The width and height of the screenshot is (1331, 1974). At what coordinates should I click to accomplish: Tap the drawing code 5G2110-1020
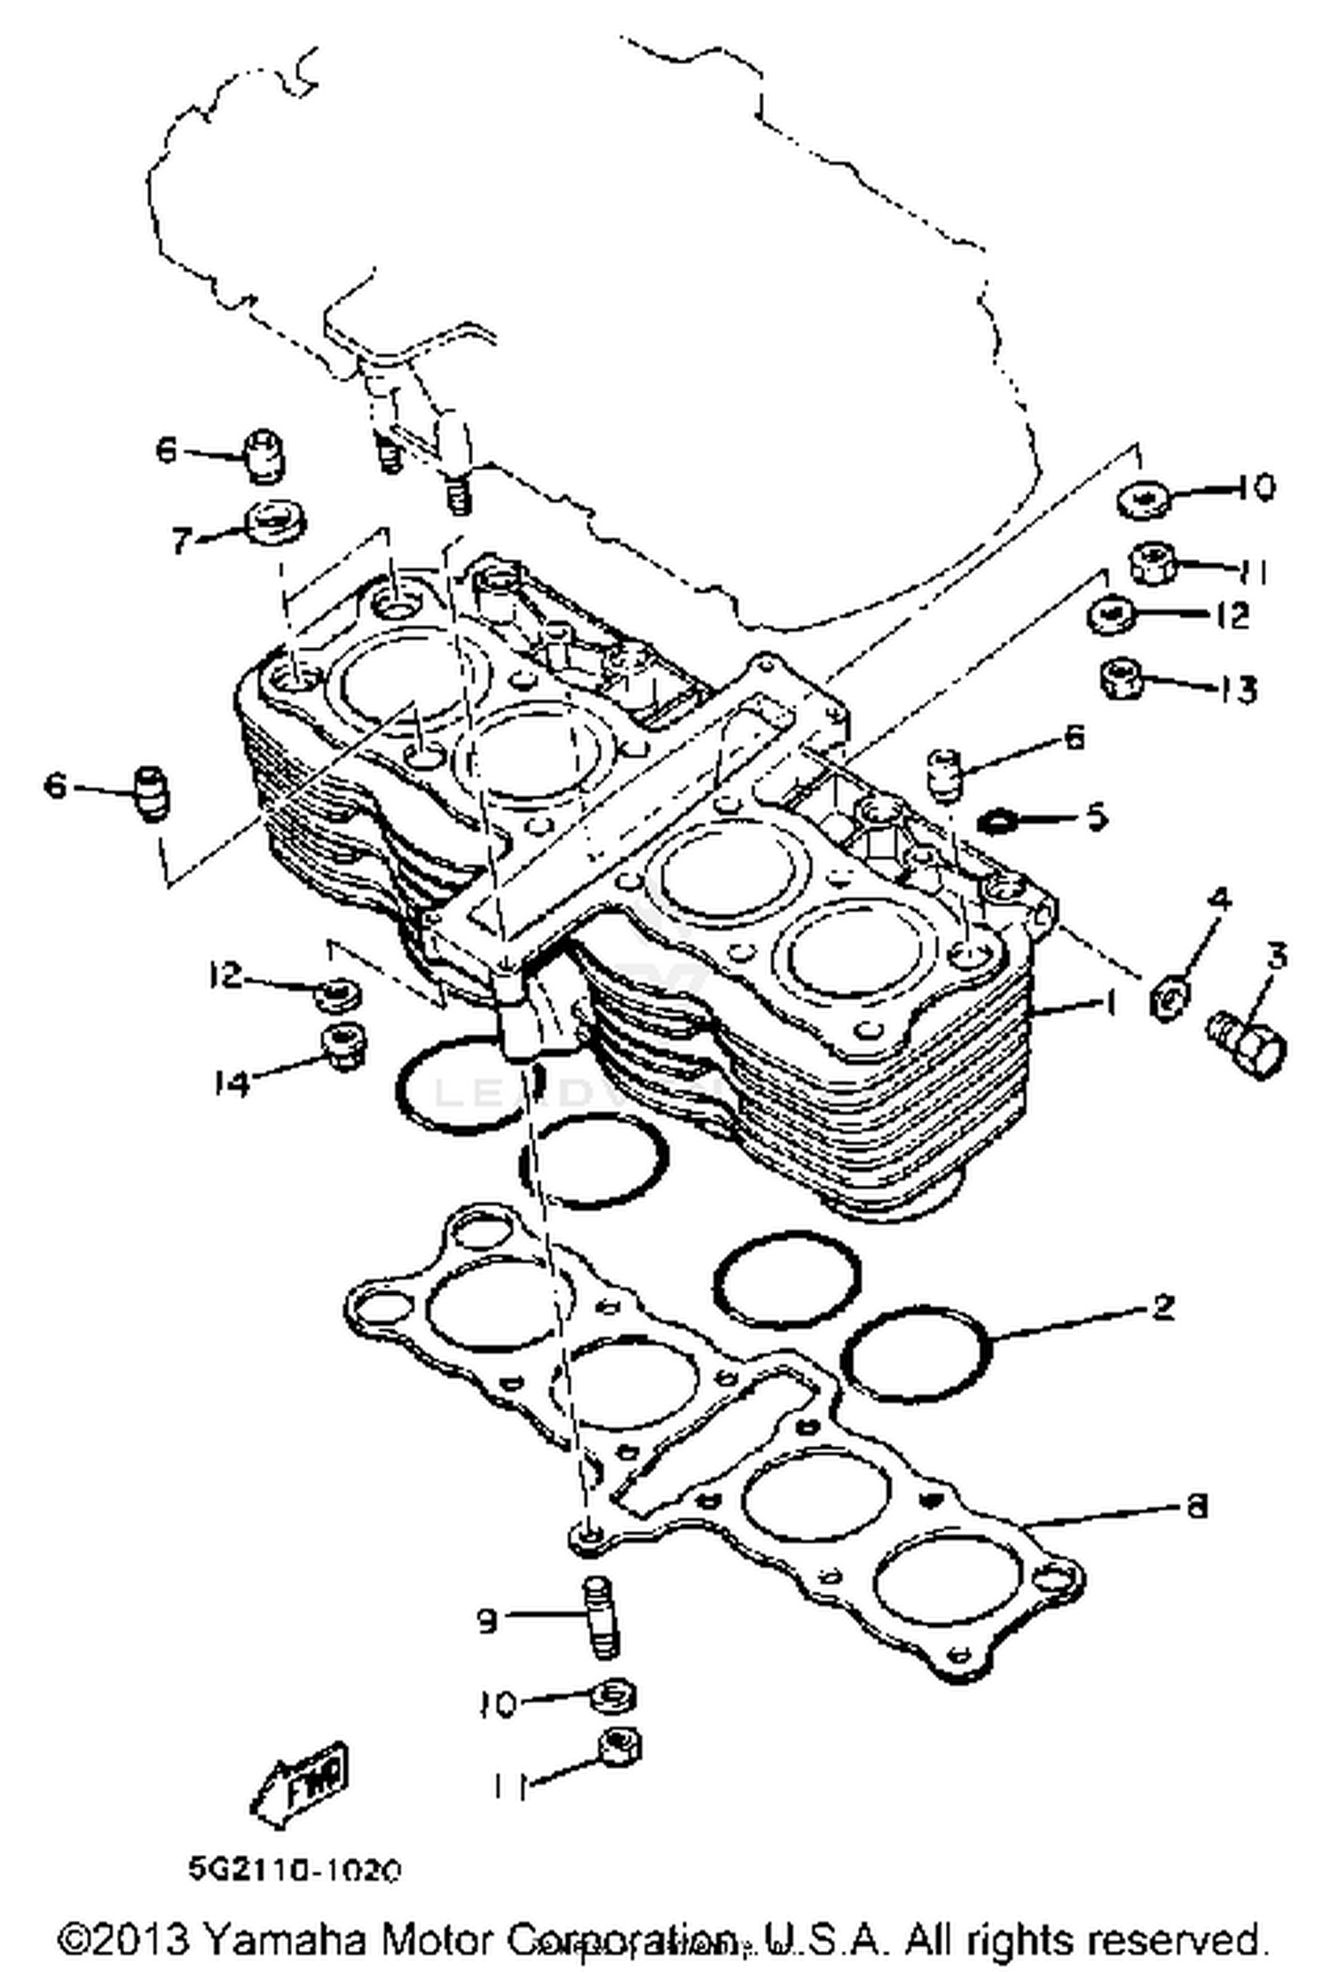(x=295, y=1870)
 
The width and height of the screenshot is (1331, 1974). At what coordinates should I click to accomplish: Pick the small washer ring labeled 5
(x=996, y=822)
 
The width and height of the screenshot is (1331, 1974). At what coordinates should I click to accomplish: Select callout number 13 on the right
(x=1237, y=688)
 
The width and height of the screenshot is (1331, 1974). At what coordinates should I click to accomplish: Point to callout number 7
(x=183, y=540)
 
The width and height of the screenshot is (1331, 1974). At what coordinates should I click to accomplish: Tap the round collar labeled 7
(x=274, y=523)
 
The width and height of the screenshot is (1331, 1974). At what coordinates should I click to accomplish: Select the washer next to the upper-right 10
(x=1143, y=499)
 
